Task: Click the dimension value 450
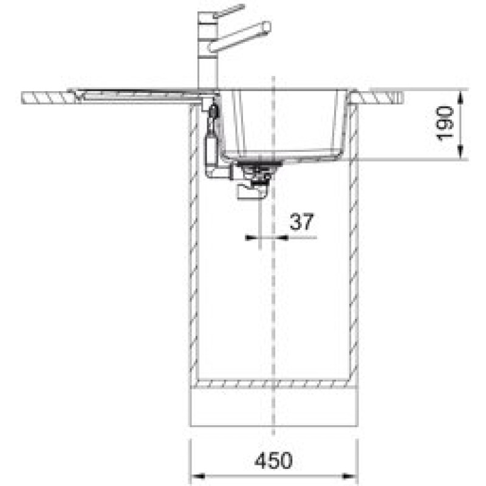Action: click(273, 460)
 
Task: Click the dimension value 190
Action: click(445, 123)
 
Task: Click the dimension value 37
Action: click(302, 221)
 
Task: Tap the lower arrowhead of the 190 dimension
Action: click(461, 151)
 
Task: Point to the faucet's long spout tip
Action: click(267, 26)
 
